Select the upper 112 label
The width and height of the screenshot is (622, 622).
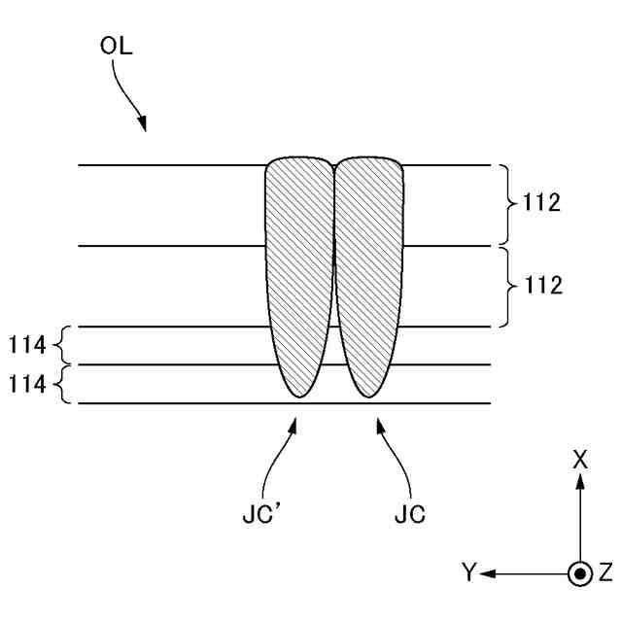(x=540, y=204)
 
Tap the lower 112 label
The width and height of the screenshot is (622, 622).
(x=540, y=286)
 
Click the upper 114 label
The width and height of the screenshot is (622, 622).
(x=27, y=345)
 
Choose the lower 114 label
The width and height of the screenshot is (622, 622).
(x=27, y=384)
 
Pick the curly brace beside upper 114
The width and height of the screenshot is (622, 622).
(x=61, y=345)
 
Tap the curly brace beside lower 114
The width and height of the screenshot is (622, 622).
(x=61, y=384)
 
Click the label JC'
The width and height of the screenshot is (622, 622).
(x=259, y=515)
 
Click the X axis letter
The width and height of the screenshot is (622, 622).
(x=580, y=461)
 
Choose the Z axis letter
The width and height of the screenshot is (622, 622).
(x=605, y=573)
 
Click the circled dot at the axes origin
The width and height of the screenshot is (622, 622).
(x=580, y=573)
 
